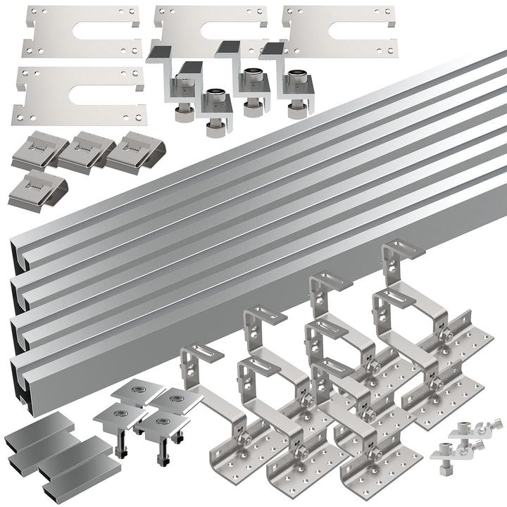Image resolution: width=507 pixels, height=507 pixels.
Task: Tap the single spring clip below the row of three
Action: pyautogui.click(x=39, y=186)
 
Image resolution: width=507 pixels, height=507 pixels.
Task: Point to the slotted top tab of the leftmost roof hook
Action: pyautogui.click(x=195, y=351)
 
